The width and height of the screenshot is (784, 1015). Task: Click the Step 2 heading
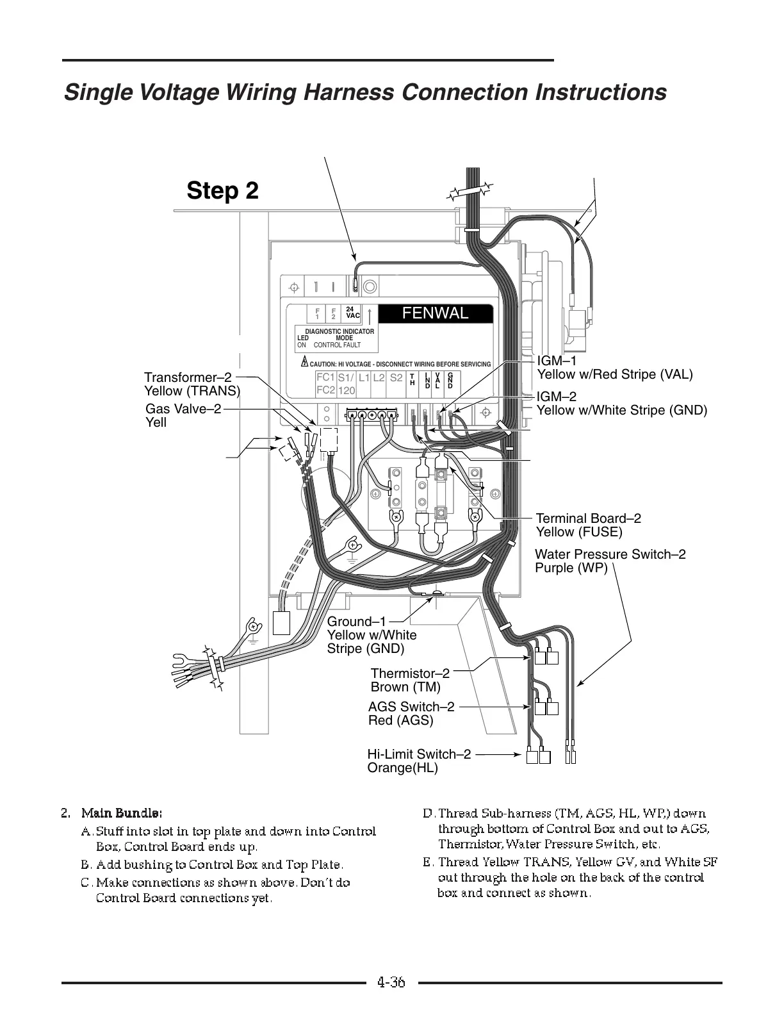pyautogui.click(x=222, y=190)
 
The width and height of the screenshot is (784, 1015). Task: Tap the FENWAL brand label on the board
pyautogui.click(x=435, y=313)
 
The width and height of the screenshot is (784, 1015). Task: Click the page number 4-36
pyautogui.click(x=391, y=982)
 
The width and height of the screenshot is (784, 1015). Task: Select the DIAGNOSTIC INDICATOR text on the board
pyautogui.click(x=339, y=331)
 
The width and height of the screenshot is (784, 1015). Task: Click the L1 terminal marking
pyautogui.click(x=364, y=377)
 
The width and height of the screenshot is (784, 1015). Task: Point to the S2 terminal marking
pyautogui.click(x=396, y=377)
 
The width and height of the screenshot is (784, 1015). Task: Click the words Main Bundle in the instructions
pyautogui.click(x=121, y=814)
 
